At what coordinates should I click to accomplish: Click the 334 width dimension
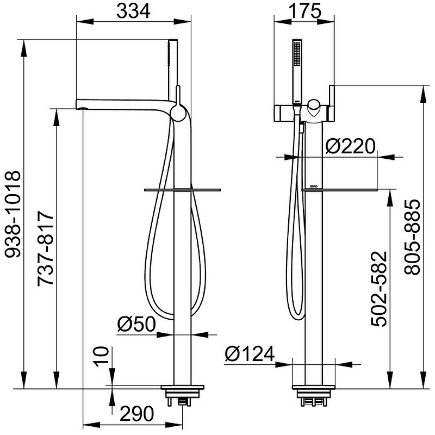point(133,11)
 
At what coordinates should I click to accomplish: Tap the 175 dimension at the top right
point(305,11)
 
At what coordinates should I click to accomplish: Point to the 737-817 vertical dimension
point(46,249)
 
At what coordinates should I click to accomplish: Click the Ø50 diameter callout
point(136,324)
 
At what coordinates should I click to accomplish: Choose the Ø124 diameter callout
point(250,354)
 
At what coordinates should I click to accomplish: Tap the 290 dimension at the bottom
point(137,414)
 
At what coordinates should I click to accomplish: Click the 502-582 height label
point(379,289)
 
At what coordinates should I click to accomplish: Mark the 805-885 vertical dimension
point(412,237)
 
